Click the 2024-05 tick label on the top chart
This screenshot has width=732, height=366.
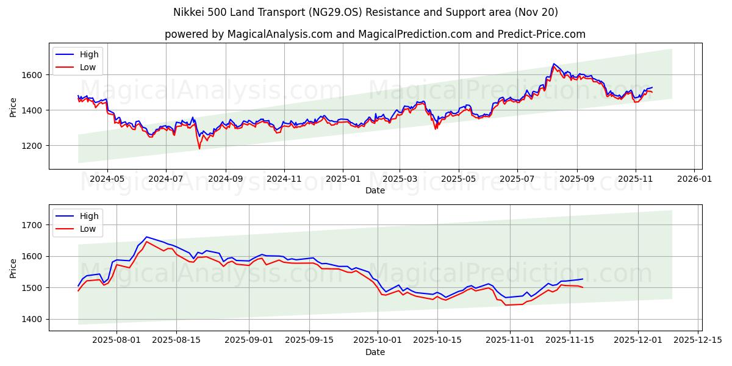coord(107,179)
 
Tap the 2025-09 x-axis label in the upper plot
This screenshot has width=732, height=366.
coord(576,179)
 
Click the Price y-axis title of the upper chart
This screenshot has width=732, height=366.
coord(13,106)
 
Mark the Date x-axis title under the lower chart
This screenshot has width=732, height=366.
coord(375,352)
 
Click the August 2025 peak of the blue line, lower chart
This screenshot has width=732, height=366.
coord(146,237)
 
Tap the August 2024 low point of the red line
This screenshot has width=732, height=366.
coord(199,148)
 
